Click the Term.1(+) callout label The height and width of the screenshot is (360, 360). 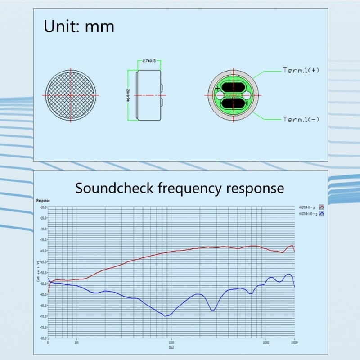pyautogui.click(x=301, y=70)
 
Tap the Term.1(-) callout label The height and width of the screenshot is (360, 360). pyautogui.click(x=301, y=119)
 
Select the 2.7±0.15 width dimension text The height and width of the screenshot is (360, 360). pyautogui.click(x=148, y=61)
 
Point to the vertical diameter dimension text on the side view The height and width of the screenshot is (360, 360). pyautogui.click(x=129, y=95)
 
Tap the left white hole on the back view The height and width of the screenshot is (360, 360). pyautogui.click(x=220, y=95)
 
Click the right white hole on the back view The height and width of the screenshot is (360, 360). pyautogui.click(x=247, y=95)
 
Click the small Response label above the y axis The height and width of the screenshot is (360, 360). pyautogui.click(x=43, y=200)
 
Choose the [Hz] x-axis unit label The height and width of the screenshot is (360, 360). pyautogui.click(x=171, y=347)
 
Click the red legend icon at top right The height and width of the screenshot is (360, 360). pyautogui.click(x=321, y=207)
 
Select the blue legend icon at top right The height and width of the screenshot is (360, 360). pyautogui.click(x=321, y=214)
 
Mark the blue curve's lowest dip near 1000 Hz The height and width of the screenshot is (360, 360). pyautogui.click(x=166, y=316)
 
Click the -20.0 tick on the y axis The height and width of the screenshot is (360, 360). pyautogui.click(x=44, y=207)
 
